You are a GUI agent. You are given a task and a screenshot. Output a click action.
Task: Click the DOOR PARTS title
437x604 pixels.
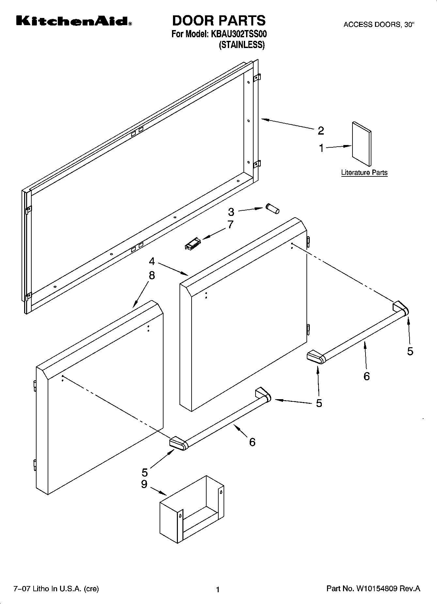tap(219, 21)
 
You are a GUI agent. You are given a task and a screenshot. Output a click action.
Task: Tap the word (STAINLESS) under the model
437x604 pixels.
tap(241, 45)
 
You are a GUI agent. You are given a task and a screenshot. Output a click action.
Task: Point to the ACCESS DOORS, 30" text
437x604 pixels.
tap(379, 24)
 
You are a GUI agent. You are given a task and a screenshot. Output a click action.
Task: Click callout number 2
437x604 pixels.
tap(321, 131)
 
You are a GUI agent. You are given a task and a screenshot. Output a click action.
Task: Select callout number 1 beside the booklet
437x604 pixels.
tap(321, 148)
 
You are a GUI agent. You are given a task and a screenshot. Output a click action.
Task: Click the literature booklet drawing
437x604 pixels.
tap(361, 144)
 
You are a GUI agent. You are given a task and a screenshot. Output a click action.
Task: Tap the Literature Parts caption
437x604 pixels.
tap(364, 172)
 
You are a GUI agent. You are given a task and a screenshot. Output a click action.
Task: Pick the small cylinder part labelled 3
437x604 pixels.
tap(272, 208)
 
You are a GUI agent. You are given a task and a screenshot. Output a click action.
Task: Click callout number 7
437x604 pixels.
tap(230, 225)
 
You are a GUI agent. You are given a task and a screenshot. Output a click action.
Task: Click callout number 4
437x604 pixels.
tap(152, 261)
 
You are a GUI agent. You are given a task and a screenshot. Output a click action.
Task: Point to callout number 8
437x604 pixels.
tap(152, 275)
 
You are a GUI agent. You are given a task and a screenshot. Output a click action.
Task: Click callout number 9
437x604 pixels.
tap(144, 484)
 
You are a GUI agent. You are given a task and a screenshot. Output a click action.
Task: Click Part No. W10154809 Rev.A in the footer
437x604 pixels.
tap(373, 589)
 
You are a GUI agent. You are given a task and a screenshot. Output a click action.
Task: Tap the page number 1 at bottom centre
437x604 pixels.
tap(218, 590)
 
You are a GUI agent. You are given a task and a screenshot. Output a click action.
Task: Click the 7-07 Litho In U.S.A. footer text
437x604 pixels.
tap(56, 589)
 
